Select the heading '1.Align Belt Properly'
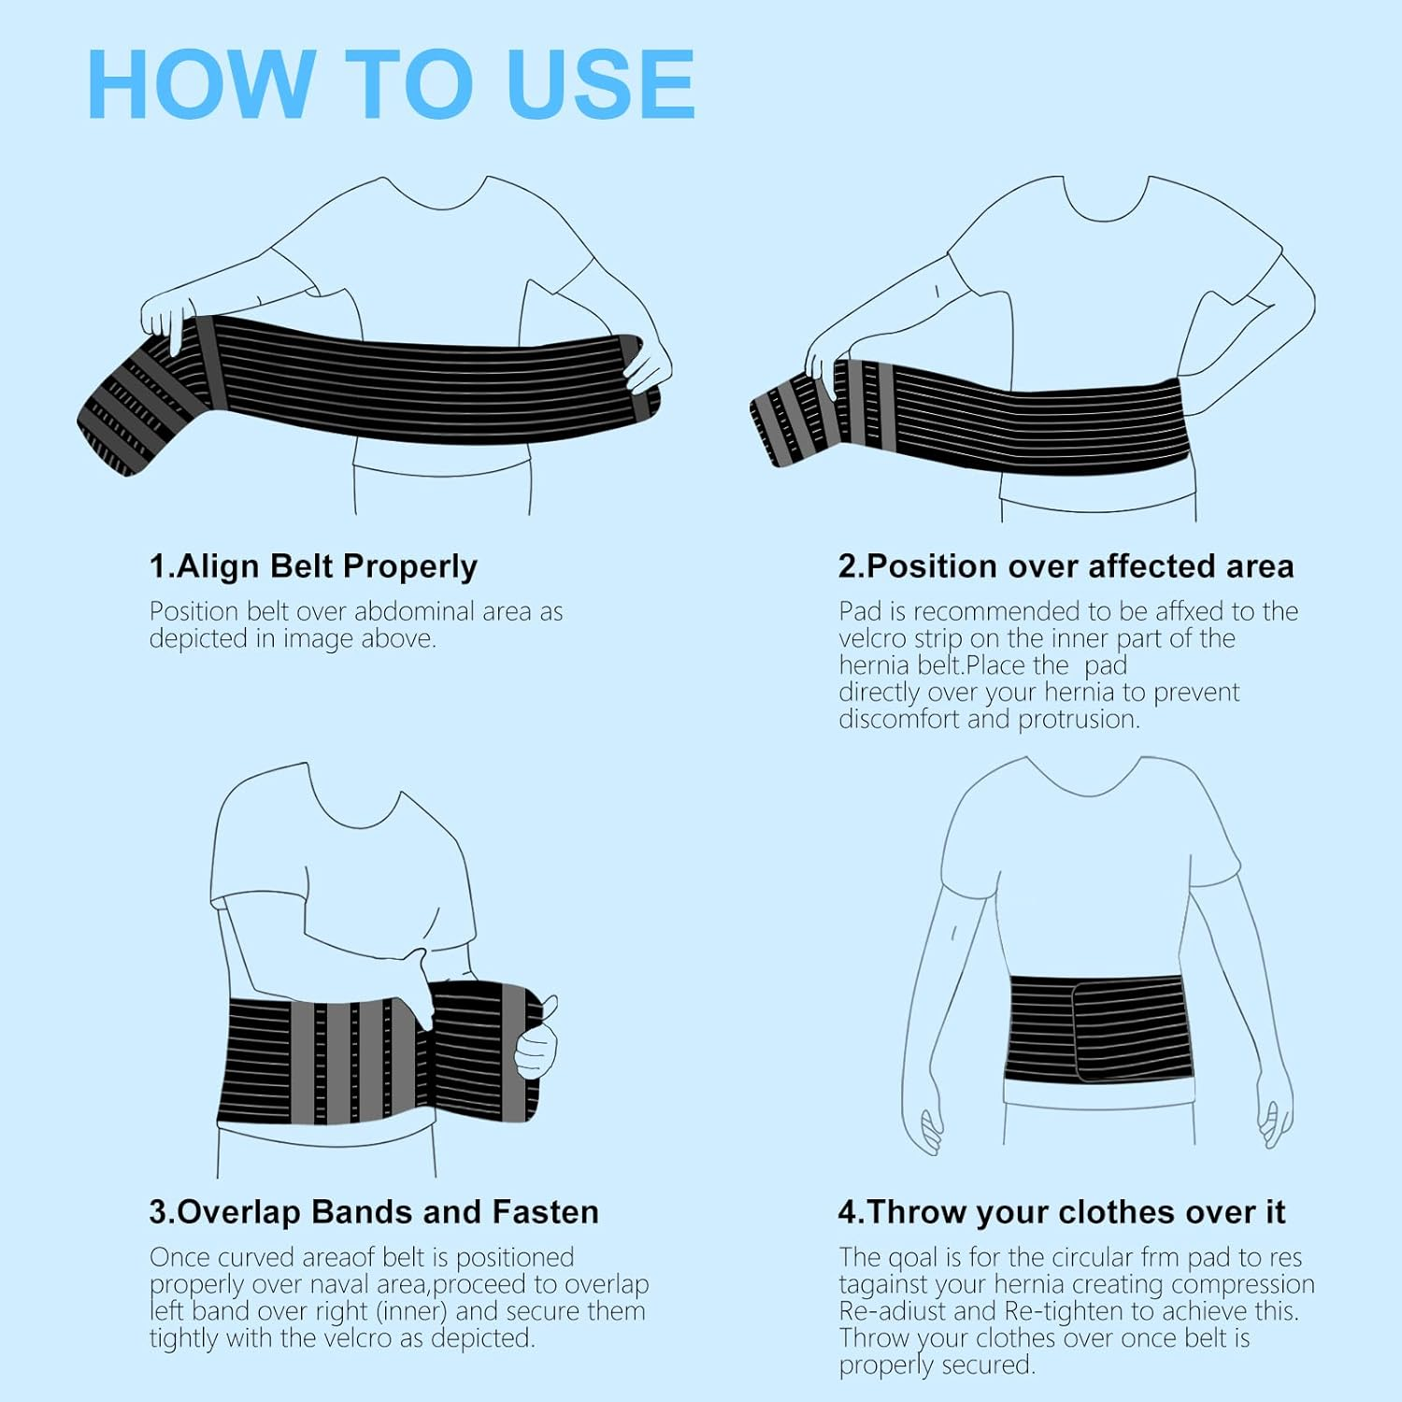pyautogui.click(x=313, y=566)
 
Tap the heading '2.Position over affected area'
pyautogui.click(x=1066, y=566)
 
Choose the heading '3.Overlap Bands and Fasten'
pyautogui.click(x=374, y=1212)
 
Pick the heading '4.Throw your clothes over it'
pyautogui.click(x=1062, y=1212)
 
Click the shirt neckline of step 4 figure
pyautogui.click(x=1084, y=785)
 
